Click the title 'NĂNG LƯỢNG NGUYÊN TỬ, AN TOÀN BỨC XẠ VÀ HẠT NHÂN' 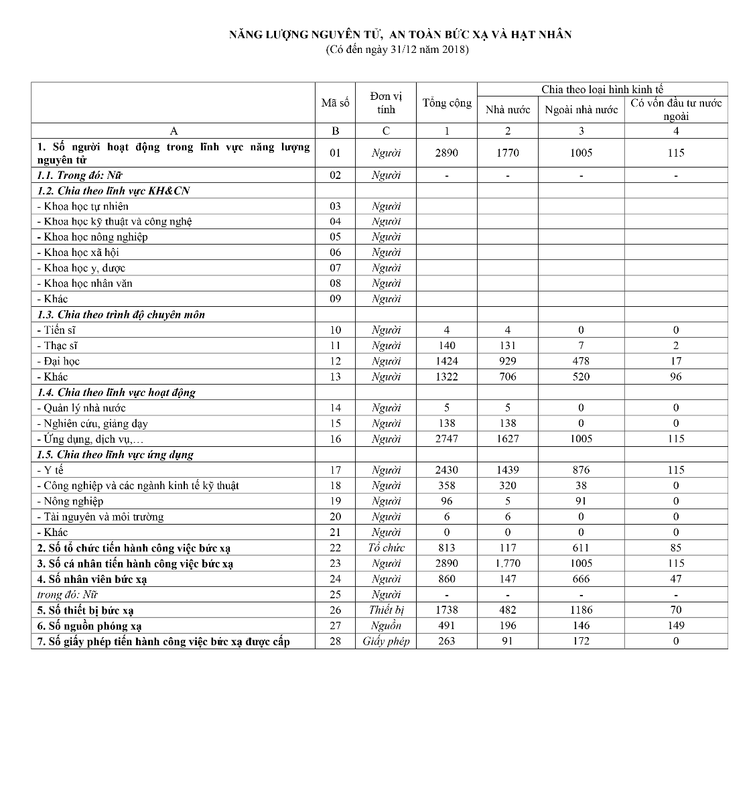pos(400,34)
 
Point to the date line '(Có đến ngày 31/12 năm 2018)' pos(397,50)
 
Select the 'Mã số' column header pos(335,103)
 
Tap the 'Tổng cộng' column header pos(447,103)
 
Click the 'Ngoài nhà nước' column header pos(581,110)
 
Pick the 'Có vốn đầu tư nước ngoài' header pos(676,109)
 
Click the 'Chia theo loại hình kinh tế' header pos(602,89)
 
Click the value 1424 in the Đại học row pos(447,361)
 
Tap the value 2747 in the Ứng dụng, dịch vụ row pos(447,439)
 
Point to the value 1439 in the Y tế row pos(508,470)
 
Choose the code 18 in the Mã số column pos(335,486)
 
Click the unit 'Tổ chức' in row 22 pos(386,548)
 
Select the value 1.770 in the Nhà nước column pos(508,563)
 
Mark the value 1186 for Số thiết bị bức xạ pos(581,610)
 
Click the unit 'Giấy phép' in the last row pos(386,641)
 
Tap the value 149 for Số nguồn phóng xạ pos(676,626)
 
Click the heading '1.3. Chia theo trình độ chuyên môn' pos(121,315)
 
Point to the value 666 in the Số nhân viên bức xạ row pos(581,579)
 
